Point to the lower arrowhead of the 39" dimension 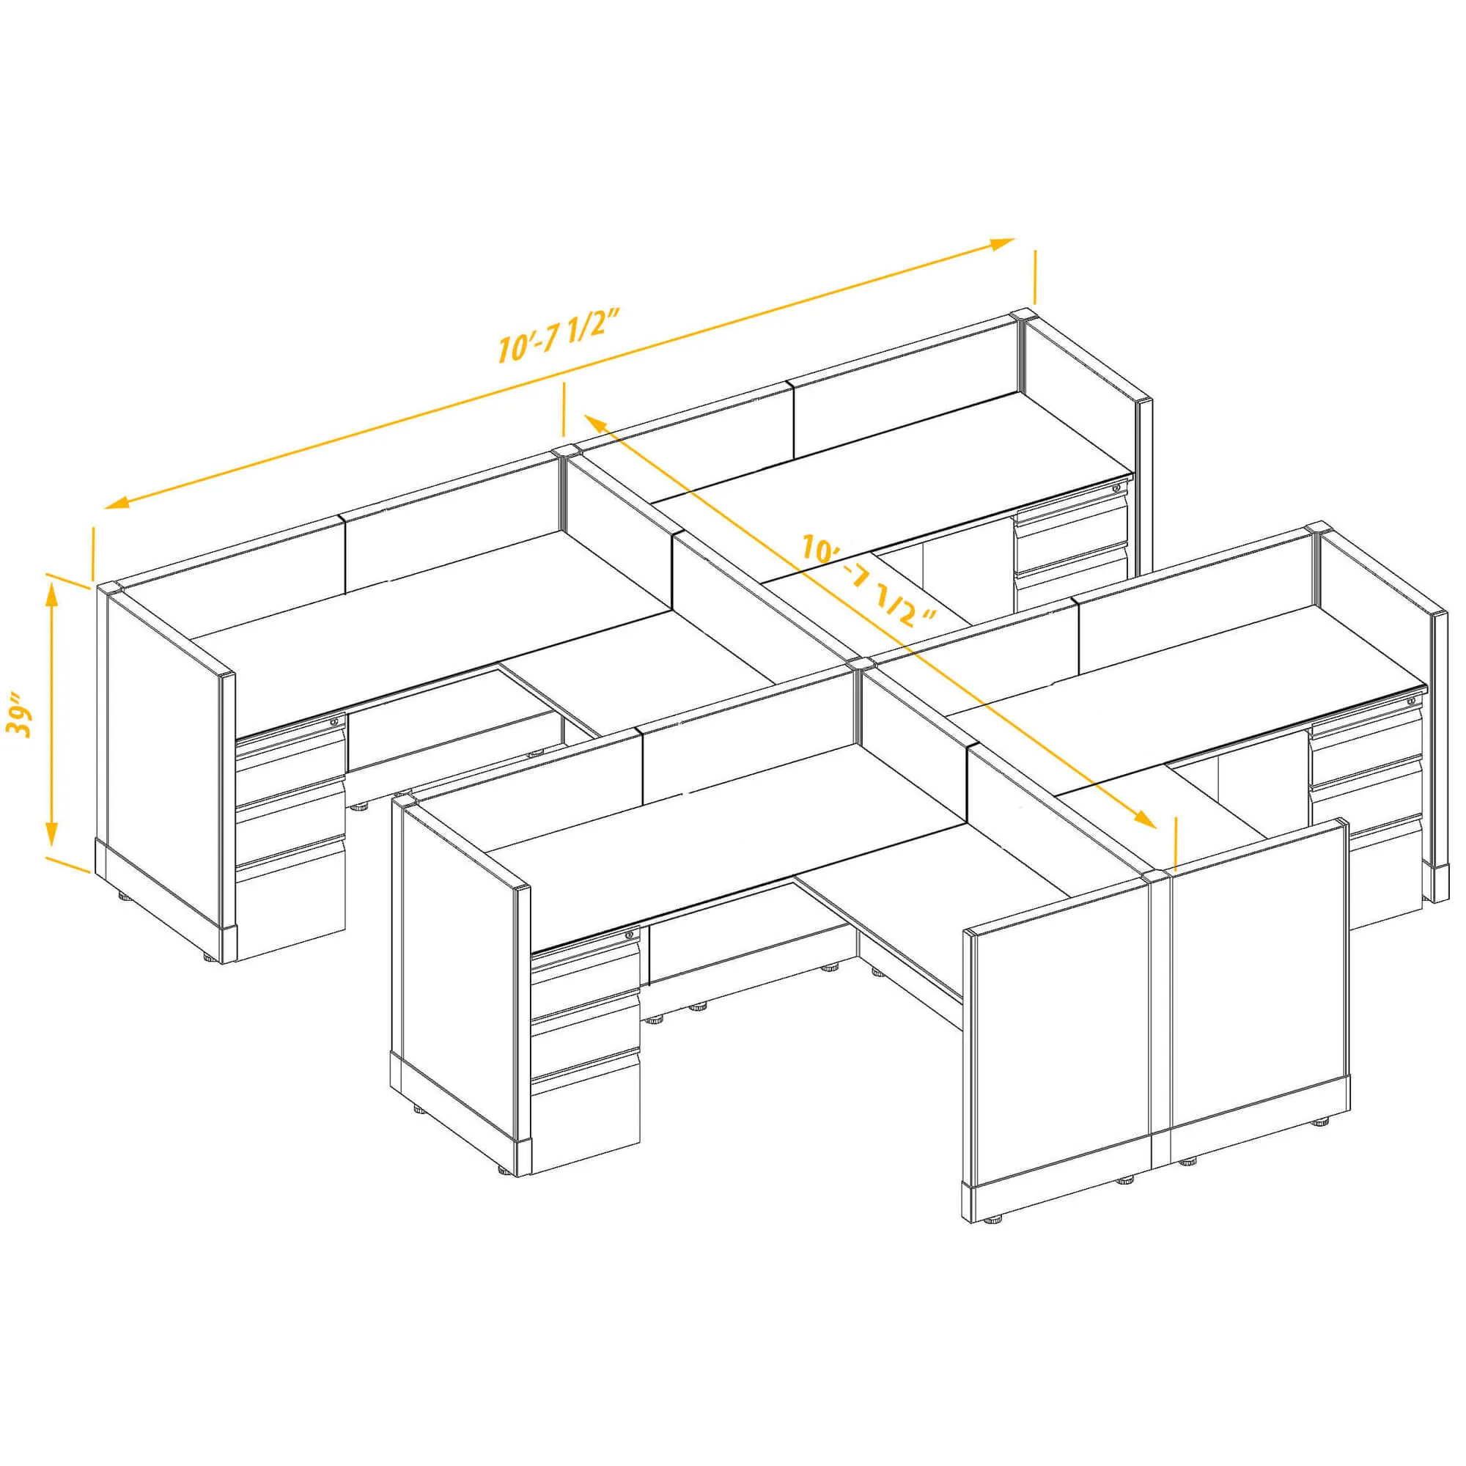pyautogui.click(x=51, y=834)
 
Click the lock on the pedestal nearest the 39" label pyautogui.click(x=334, y=723)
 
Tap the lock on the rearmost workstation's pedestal pyautogui.click(x=1116, y=487)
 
